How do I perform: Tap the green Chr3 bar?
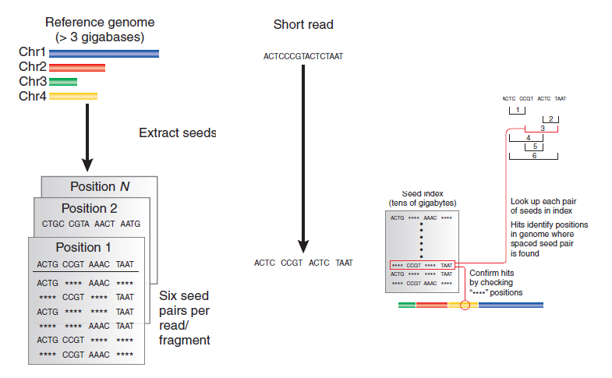pos(62,82)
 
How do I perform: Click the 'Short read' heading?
pos(303,25)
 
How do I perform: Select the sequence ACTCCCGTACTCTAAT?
pos(303,57)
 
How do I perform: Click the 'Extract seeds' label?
pos(177,133)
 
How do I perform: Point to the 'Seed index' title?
pos(423,193)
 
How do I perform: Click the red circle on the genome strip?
pos(466,306)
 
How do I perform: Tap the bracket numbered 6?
pos(534,156)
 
